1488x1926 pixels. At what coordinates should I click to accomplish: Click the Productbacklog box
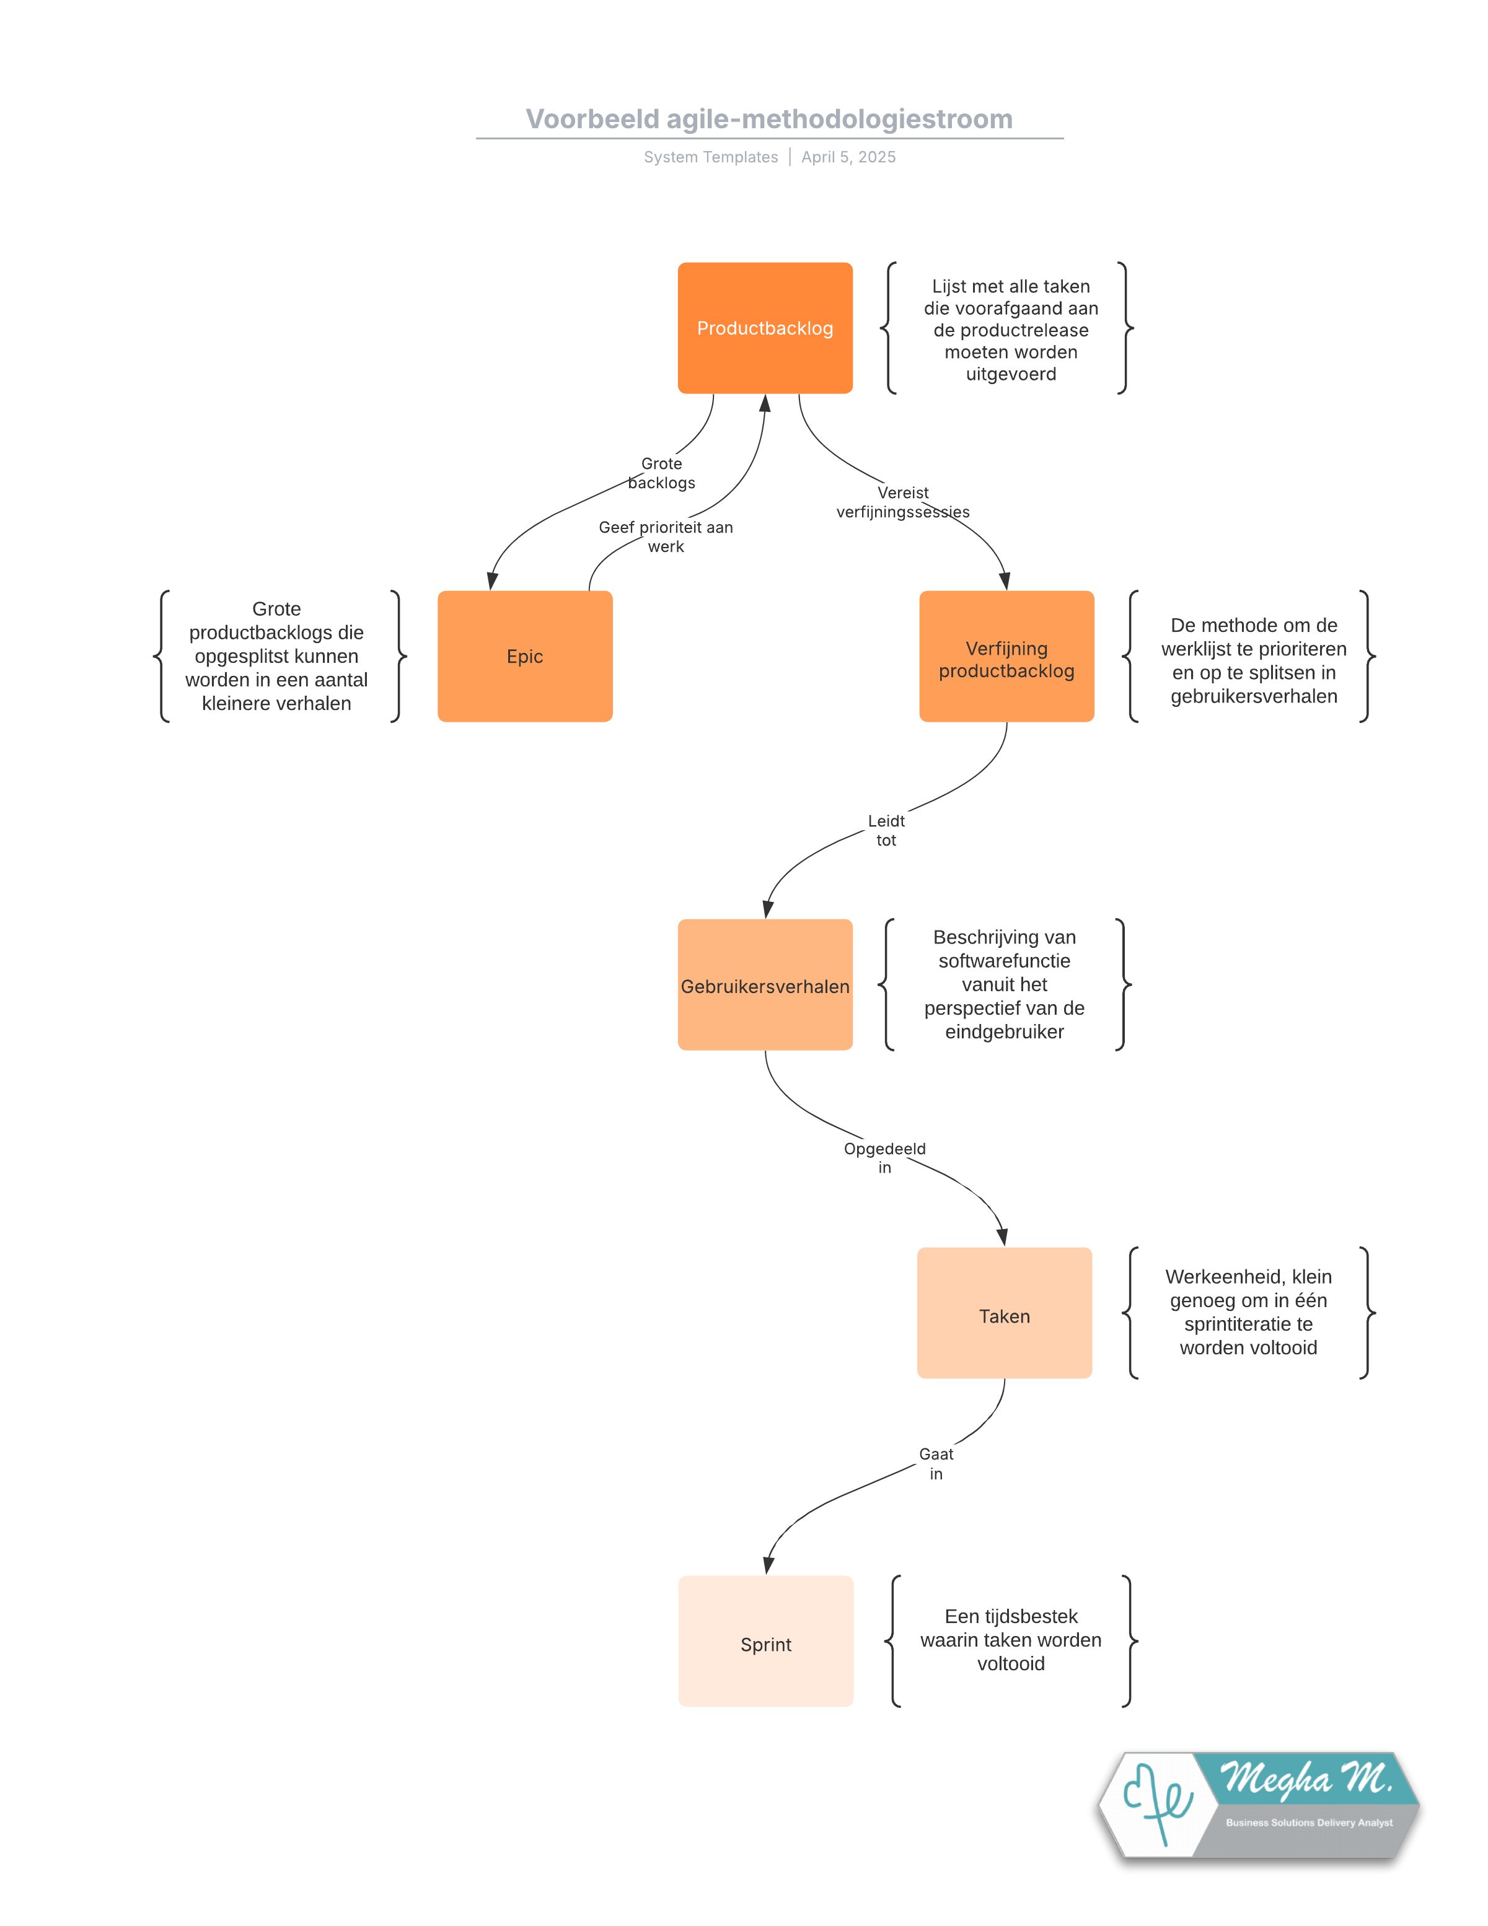(x=765, y=328)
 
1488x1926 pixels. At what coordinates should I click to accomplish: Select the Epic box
(x=525, y=656)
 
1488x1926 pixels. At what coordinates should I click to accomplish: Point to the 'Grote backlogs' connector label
(x=661, y=473)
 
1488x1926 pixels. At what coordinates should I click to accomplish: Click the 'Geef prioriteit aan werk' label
(x=666, y=537)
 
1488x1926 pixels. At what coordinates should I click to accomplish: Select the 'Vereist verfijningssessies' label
(x=902, y=502)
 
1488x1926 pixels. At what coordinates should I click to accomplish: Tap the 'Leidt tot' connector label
(x=886, y=831)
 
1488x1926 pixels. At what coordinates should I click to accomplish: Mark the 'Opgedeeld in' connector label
(x=885, y=1158)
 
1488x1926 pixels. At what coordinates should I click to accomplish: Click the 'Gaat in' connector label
(x=936, y=1464)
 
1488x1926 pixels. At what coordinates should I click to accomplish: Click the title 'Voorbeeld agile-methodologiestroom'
(x=769, y=119)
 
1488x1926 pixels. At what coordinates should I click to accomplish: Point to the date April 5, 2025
(x=848, y=157)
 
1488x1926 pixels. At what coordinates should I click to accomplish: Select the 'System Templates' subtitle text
(x=711, y=157)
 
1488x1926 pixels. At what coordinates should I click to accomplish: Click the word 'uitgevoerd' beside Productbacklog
(x=1011, y=374)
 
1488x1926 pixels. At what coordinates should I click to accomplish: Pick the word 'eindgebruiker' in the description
(x=1005, y=1032)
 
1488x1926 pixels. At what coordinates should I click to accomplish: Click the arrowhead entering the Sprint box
(x=768, y=1566)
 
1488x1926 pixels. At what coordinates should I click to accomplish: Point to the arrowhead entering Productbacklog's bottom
(x=765, y=404)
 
